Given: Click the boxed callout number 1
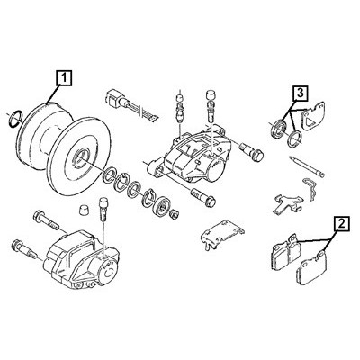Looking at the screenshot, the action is pyautogui.click(x=63, y=77).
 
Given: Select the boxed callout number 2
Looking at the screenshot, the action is pyautogui.click(x=341, y=224).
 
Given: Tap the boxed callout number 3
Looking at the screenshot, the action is pyautogui.click(x=301, y=93).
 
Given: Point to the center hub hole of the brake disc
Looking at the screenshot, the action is pyautogui.click(x=80, y=157).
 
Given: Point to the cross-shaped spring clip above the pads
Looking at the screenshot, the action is pyautogui.click(x=288, y=202).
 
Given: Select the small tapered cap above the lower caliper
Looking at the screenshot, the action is pyautogui.click(x=83, y=210).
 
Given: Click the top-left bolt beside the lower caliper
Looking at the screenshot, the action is pyautogui.click(x=46, y=220).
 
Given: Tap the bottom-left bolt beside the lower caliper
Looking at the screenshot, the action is pyautogui.click(x=25, y=249).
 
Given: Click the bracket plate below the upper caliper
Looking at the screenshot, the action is pyautogui.click(x=222, y=234).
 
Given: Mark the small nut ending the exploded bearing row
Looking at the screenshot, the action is pyautogui.click(x=174, y=213).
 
